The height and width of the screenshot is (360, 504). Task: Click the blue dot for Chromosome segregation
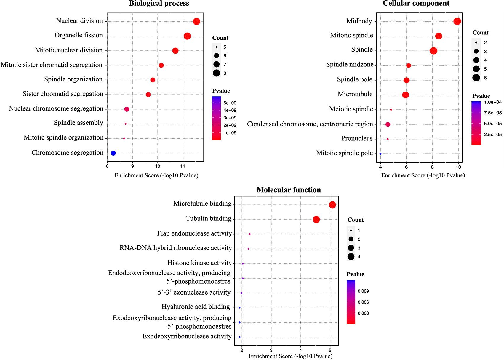[x=113, y=153]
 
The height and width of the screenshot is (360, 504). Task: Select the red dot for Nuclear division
[x=196, y=22]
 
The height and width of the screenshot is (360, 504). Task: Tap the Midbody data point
[x=457, y=21]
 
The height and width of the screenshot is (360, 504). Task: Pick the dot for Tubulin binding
[x=316, y=219]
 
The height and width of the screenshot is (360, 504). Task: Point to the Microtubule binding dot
[x=332, y=205]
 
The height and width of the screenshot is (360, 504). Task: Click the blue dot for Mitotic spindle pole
[x=380, y=154]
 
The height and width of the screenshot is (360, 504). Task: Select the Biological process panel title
[x=159, y=3]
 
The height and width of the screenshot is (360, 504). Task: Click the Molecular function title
[x=289, y=190]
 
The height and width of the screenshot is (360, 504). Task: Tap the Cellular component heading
[x=416, y=3]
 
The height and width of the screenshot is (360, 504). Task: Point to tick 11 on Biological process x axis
[x=183, y=166]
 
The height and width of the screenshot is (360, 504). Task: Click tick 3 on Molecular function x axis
[x=271, y=350]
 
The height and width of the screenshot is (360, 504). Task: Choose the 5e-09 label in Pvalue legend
[x=230, y=103]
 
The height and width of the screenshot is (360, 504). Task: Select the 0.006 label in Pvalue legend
[x=363, y=302]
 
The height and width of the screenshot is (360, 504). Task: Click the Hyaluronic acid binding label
[x=196, y=307]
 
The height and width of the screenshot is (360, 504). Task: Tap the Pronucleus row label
[x=357, y=138]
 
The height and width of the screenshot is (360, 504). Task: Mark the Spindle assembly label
[x=78, y=123]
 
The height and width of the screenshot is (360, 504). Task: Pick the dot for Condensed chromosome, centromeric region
[x=388, y=124]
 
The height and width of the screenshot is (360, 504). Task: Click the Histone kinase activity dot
[x=243, y=264]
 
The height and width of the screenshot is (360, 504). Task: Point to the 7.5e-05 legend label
[x=493, y=113]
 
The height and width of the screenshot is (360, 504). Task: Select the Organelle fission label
[x=79, y=35]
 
